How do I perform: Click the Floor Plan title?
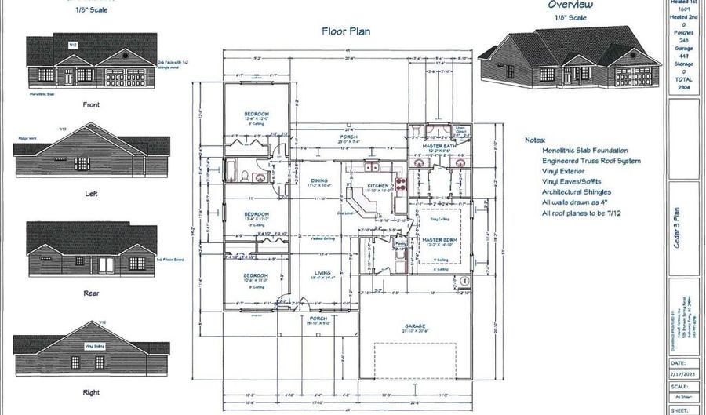[x=346, y=32]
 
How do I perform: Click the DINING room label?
[x=318, y=180]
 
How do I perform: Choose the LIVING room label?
[x=321, y=272]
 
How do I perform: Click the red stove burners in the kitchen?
[x=400, y=185]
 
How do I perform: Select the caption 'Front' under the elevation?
[x=92, y=104]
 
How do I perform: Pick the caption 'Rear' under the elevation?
[x=92, y=294]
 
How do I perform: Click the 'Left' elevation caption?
[x=92, y=193]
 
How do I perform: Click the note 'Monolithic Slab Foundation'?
[x=584, y=150]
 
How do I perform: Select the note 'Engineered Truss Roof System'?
[x=591, y=161]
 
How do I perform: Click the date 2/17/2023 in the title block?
[x=685, y=376]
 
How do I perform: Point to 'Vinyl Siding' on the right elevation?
[x=95, y=344]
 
